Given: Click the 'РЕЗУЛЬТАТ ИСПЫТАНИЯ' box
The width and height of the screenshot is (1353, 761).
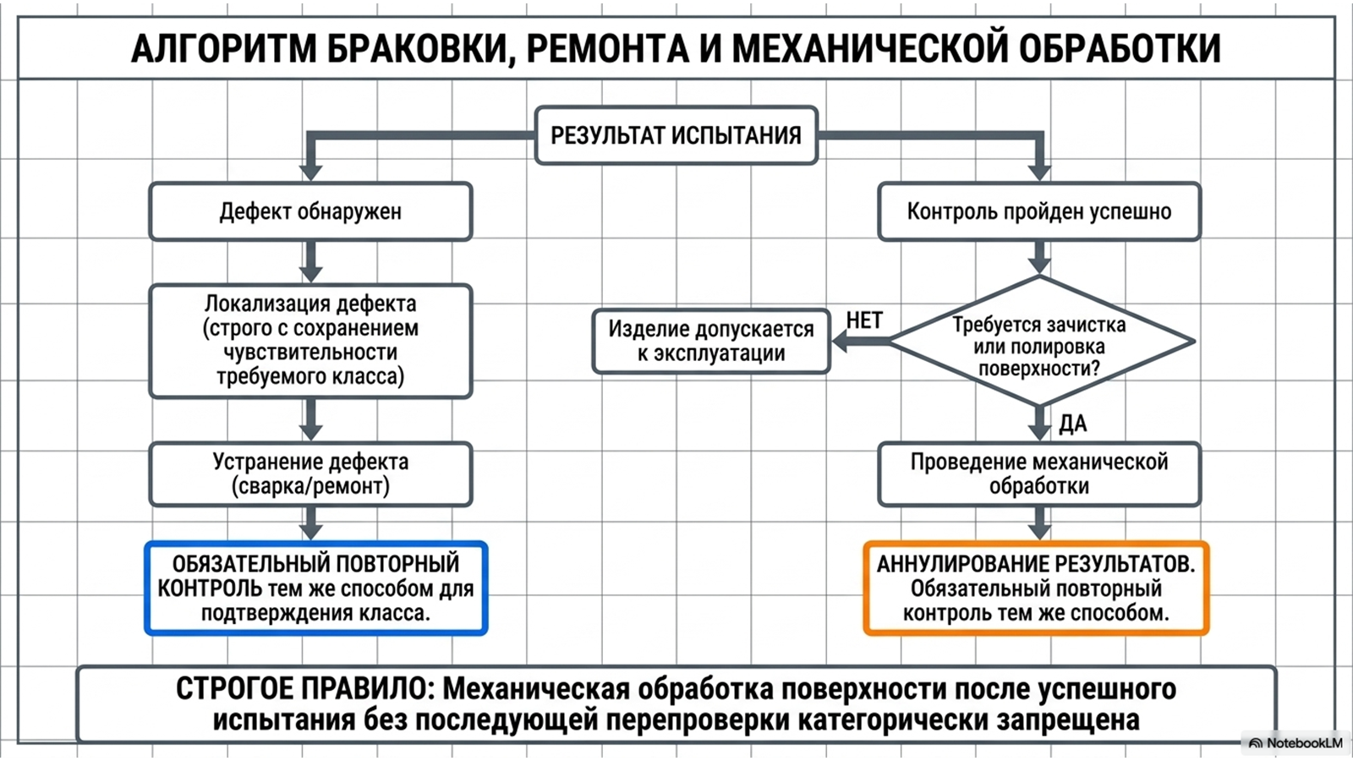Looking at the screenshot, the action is point(676,135).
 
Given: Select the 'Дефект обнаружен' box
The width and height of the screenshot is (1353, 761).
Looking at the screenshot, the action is point(310,212).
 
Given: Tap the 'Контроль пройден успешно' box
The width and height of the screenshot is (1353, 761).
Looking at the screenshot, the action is point(1039,212).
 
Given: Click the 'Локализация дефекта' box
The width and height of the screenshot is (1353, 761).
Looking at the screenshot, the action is point(310,342).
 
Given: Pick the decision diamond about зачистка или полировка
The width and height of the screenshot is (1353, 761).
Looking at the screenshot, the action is point(1040,342).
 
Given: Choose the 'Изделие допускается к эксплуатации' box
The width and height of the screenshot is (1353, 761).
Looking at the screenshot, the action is point(711,342).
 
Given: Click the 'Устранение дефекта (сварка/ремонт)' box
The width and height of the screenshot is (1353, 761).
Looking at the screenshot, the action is point(310,474).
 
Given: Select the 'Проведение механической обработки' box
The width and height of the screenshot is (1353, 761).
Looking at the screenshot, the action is point(1039,474).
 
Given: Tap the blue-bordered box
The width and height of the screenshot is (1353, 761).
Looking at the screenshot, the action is point(316,589).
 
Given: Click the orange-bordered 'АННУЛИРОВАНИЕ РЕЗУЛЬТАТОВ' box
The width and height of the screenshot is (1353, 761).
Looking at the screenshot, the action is point(1037,589).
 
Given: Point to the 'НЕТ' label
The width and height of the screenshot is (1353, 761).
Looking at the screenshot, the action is point(864,320).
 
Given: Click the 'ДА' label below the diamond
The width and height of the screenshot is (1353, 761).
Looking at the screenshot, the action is point(1073,424).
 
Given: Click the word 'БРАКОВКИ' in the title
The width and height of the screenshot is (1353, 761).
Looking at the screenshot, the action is point(416,50).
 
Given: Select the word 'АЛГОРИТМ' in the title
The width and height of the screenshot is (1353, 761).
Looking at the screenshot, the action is point(223,50).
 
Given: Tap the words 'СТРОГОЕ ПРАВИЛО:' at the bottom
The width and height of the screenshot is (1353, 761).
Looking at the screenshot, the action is point(305,689).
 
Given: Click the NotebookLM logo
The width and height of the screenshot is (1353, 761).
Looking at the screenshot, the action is point(1295,743).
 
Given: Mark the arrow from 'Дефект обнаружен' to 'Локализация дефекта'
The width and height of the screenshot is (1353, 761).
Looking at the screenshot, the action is point(310,262).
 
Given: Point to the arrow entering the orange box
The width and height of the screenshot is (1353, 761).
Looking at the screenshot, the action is point(1039,523).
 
